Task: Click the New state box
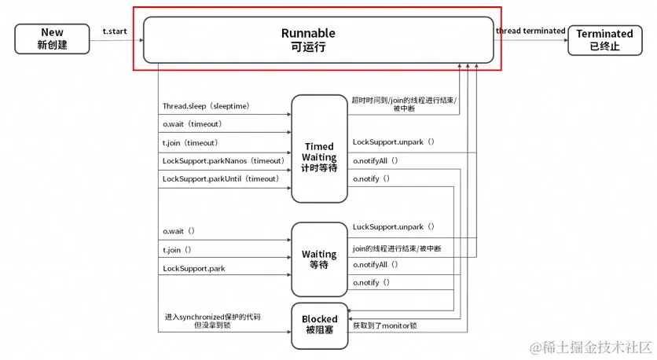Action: [53, 39]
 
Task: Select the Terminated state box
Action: [604, 39]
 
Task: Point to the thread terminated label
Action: [530, 31]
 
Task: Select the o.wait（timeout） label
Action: [193, 124]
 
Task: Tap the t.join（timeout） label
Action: [190, 142]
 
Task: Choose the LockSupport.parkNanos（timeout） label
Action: [223, 160]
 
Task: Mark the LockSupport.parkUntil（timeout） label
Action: [221, 179]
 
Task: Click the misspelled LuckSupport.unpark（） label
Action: [394, 226]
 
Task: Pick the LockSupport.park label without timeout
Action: [195, 269]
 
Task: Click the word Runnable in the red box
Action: [308, 33]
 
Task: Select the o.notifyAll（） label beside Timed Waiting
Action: [376, 160]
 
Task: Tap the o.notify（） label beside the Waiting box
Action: [371, 282]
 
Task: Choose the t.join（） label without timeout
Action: [178, 250]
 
